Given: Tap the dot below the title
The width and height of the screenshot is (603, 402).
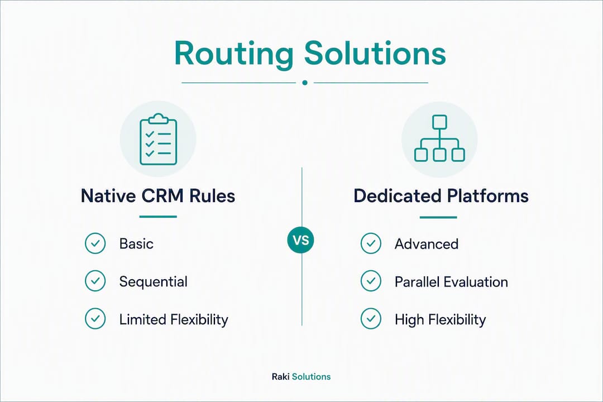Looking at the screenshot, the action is pos(305,83).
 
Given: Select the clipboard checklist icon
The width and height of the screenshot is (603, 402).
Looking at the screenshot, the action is pos(159,139).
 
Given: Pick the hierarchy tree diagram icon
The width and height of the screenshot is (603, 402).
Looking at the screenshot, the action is pos(439,138).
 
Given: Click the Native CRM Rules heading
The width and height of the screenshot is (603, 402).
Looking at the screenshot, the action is pos(158,196).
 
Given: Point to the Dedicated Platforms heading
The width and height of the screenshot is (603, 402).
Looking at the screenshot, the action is pos(441,196).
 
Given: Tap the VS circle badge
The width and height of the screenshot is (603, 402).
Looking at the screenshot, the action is pos(301,241).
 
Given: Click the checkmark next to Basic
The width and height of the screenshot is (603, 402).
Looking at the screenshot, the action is pos(95,243).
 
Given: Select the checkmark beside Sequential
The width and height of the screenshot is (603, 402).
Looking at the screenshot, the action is pos(95,281).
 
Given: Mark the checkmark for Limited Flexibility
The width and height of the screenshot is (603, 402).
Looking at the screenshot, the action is pos(95,318).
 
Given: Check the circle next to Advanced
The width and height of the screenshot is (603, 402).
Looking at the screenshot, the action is pos(371,243).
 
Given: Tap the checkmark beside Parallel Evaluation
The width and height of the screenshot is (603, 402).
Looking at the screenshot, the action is pos(371,281).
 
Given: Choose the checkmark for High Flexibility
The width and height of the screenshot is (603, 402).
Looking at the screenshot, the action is pos(371,318).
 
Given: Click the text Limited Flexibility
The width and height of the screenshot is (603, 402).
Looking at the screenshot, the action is pos(174,320).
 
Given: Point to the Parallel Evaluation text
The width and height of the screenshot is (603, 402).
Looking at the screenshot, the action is pos(452,282).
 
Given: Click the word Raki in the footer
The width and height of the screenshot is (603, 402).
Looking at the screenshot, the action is pos(280,377).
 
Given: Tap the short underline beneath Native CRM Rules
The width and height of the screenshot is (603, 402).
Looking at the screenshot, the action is pos(158,217).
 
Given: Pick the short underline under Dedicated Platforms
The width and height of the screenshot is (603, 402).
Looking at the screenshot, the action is pos(438,217).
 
